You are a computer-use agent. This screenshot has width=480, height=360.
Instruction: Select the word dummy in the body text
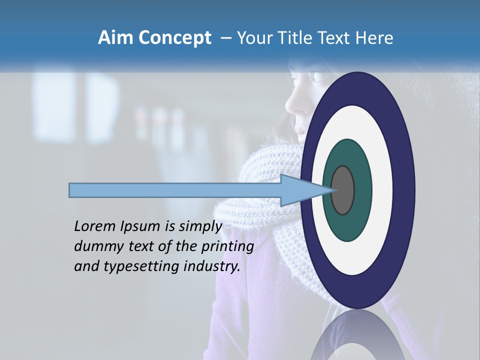[95, 246]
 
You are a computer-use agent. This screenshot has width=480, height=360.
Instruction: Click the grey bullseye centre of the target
[342, 190]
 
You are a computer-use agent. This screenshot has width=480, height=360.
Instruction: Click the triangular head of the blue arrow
[300, 190]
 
